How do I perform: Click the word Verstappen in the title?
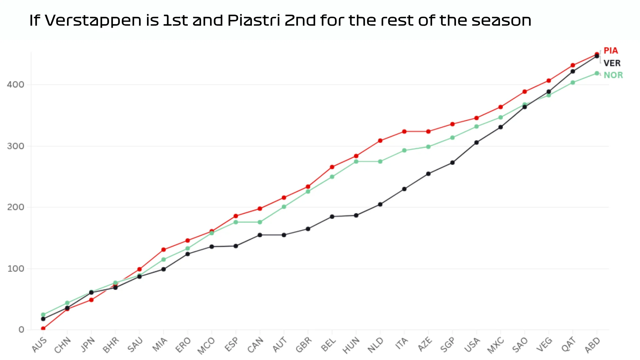tap(93, 21)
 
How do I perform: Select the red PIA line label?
tap(611, 51)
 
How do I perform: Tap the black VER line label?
tap(612, 63)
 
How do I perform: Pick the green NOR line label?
tap(613, 75)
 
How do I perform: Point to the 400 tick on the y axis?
tap(16, 85)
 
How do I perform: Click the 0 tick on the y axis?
tap(21, 330)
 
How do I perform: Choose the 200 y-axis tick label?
tap(16, 207)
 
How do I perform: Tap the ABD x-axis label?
tap(593, 345)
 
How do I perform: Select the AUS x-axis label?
tap(40, 345)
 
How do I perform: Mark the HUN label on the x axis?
tap(351, 345)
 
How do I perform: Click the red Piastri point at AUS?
tap(43, 329)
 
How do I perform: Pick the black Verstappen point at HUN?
tap(356, 215)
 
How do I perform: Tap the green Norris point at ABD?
tap(597, 73)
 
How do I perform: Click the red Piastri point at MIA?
tap(163, 250)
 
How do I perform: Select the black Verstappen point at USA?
tap(476, 142)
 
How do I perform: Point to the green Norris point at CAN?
tap(260, 222)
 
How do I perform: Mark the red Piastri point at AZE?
tap(428, 131)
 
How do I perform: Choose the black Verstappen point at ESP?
tap(236, 246)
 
